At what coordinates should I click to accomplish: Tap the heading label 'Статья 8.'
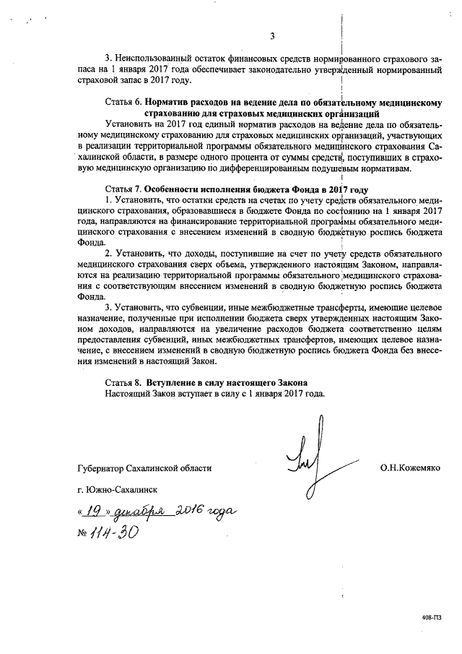click(123, 382)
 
